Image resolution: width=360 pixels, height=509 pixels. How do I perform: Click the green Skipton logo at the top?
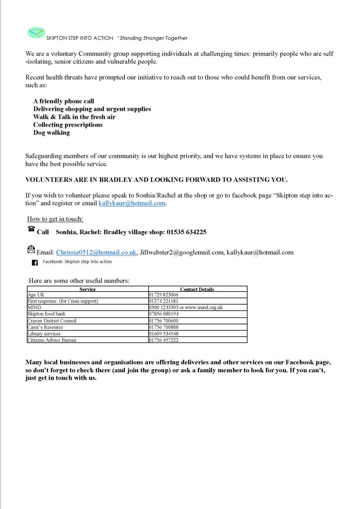tap(35, 33)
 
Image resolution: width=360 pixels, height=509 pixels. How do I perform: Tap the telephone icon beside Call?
tap(31, 229)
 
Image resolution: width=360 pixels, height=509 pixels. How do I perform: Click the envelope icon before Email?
tap(31, 250)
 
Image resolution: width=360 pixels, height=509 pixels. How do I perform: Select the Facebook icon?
tap(35, 262)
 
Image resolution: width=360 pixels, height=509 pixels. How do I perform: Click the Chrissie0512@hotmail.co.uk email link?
tap(96, 253)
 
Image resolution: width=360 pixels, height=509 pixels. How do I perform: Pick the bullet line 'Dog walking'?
tap(51, 133)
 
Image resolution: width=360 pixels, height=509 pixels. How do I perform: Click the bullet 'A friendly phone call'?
tap(63, 101)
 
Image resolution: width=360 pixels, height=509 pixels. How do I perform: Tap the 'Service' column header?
tap(88, 289)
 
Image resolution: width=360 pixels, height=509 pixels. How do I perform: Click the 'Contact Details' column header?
tap(197, 289)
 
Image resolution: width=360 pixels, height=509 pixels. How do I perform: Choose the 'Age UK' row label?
tap(36, 295)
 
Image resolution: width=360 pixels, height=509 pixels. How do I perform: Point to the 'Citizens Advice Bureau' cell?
tap(52, 340)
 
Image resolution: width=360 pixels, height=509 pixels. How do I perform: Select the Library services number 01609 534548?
tap(164, 334)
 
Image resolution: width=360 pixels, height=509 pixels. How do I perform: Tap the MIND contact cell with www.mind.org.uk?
tap(186, 308)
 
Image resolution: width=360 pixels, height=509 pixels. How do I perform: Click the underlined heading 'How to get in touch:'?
tap(55, 219)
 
